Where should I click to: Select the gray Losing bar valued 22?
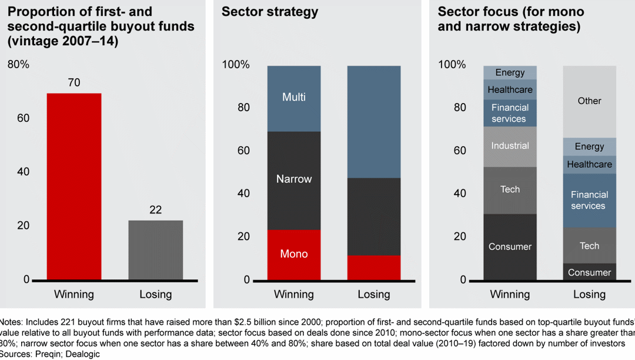point(155,250)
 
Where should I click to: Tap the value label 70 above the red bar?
point(74,84)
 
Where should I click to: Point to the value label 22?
point(155,210)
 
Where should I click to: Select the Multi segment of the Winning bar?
point(294,98)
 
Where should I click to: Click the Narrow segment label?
point(294,179)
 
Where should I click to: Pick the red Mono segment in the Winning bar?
point(294,254)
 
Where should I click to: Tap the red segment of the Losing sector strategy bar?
point(374,267)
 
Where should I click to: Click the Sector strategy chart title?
point(270,12)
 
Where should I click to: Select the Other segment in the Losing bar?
point(589,101)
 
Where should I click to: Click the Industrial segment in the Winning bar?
point(510,146)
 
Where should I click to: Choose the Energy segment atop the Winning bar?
point(510,73)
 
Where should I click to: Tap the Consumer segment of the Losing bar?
point(589,272)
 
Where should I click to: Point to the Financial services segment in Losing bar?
point(589,200)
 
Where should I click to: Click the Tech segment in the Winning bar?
point(510,189)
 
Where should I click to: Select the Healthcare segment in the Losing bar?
point(589,165)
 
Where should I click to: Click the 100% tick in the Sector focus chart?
point(452,64)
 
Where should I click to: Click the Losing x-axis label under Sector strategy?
point(374,294)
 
